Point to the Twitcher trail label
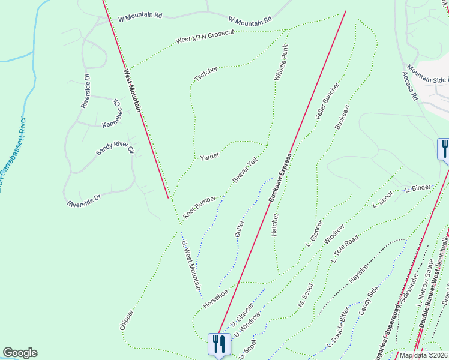click(x=206, y=75)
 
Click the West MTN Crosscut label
click(x=204, y=36)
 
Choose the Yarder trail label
click(x=210, y=156)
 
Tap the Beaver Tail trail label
click(x=245, y=172)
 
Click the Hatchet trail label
click(x=276, y=223)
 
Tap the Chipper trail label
click(x=127, y=319)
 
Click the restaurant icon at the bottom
click(x=218, y=344)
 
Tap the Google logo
click(x=20, y=353)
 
